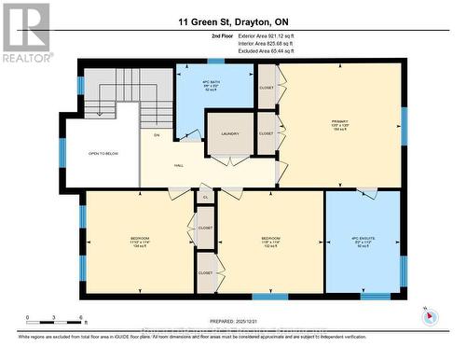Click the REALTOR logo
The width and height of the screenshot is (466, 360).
[25, 33]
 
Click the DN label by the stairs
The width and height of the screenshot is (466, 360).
[158, 136]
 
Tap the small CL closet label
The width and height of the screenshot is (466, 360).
[204, 197]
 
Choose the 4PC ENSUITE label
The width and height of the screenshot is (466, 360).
[362, 242]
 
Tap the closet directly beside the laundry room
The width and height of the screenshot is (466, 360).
[267, 133]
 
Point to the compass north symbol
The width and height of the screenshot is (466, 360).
[428, 314]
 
